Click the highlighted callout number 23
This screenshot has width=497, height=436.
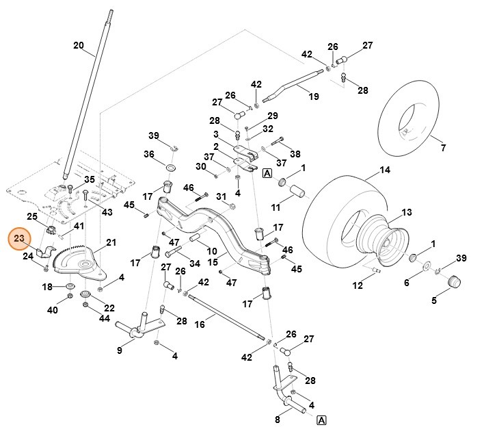click(x=19, y=239)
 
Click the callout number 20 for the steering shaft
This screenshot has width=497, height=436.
click(x=78, y=46)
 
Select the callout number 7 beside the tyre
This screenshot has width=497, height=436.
click(x=442, y=148)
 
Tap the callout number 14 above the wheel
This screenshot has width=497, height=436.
click(x=385, y=170)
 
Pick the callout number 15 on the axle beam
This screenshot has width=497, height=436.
click(x=212, y=261)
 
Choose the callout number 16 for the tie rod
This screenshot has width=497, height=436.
click(x=200, y=324)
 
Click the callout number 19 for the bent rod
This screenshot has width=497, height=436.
click(x=314, y=97)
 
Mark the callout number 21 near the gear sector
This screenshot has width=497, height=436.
click(x=111, y=243)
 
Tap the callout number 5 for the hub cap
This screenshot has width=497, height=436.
click(x=453, y=300)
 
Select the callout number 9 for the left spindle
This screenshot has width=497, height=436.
click(x=120, y=351)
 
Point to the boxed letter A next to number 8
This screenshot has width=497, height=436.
click(x=321, y=420)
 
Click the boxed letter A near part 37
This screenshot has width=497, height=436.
click(x=267, y=173)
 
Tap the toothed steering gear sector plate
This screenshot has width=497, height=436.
click(x=82, y=264)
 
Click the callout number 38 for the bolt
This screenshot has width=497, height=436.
click(x=295, y=154)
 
